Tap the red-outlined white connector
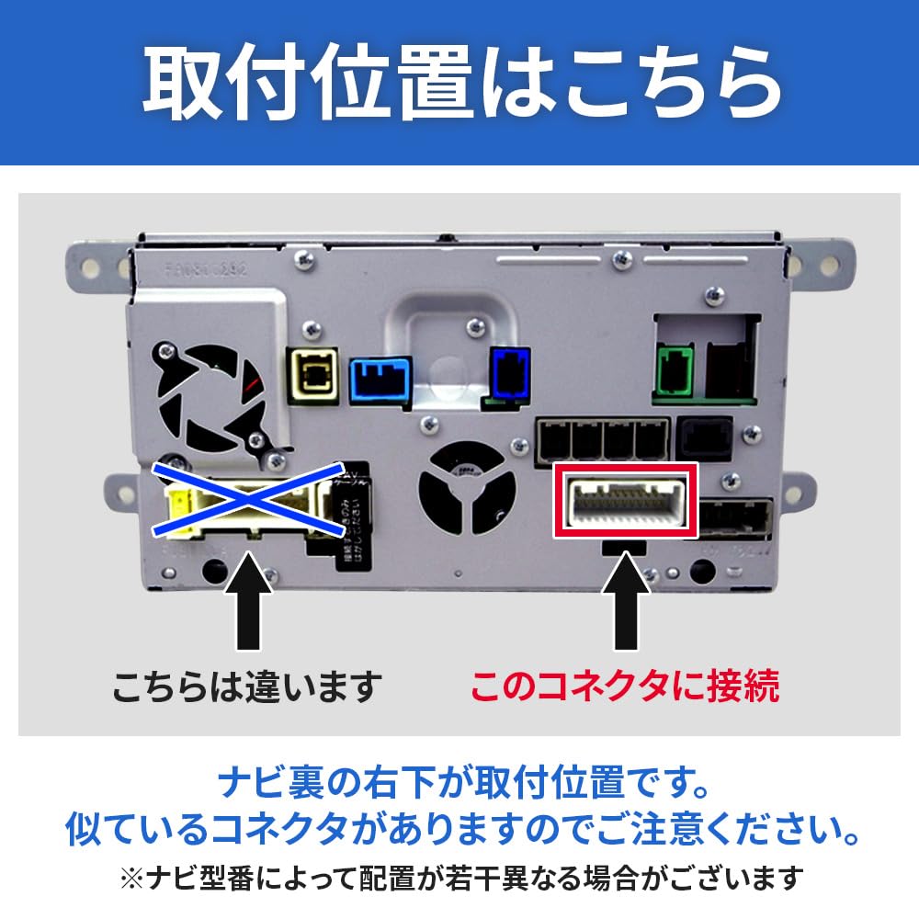pyautogui.click(x=625, y=502)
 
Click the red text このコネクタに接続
pyautogui.click(x=625, y=685)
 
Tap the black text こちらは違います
pyautogui.click(x=246, y=685)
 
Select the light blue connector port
pyautogui.click(x=379, y=379)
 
